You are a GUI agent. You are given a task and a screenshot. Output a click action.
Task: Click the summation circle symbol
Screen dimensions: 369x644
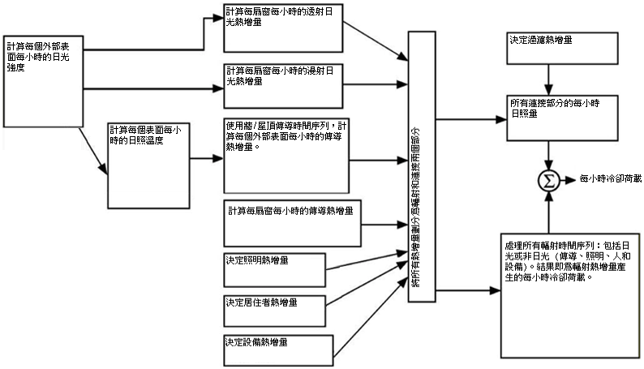point(550,179)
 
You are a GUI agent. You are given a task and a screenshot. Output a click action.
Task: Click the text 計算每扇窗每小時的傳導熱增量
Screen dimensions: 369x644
point(291,212)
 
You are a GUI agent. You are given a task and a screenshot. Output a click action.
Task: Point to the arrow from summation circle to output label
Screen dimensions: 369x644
point(569,179)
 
